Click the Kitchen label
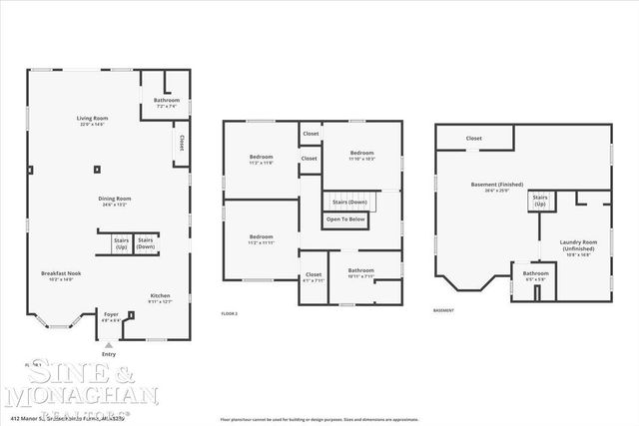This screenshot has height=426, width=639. click(160, 298)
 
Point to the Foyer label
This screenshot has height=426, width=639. click(111, 316)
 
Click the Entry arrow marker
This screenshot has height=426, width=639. click(109, 345)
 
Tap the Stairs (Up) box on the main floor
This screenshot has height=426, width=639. click(121, 242)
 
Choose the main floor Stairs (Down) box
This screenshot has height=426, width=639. click(146, 242)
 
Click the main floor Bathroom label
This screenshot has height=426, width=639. click(167, 102)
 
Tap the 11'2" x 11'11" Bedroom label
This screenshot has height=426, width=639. click(262, 239)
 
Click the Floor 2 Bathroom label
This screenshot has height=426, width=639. click(360, 272)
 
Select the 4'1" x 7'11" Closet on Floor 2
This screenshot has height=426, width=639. click(314, 276)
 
